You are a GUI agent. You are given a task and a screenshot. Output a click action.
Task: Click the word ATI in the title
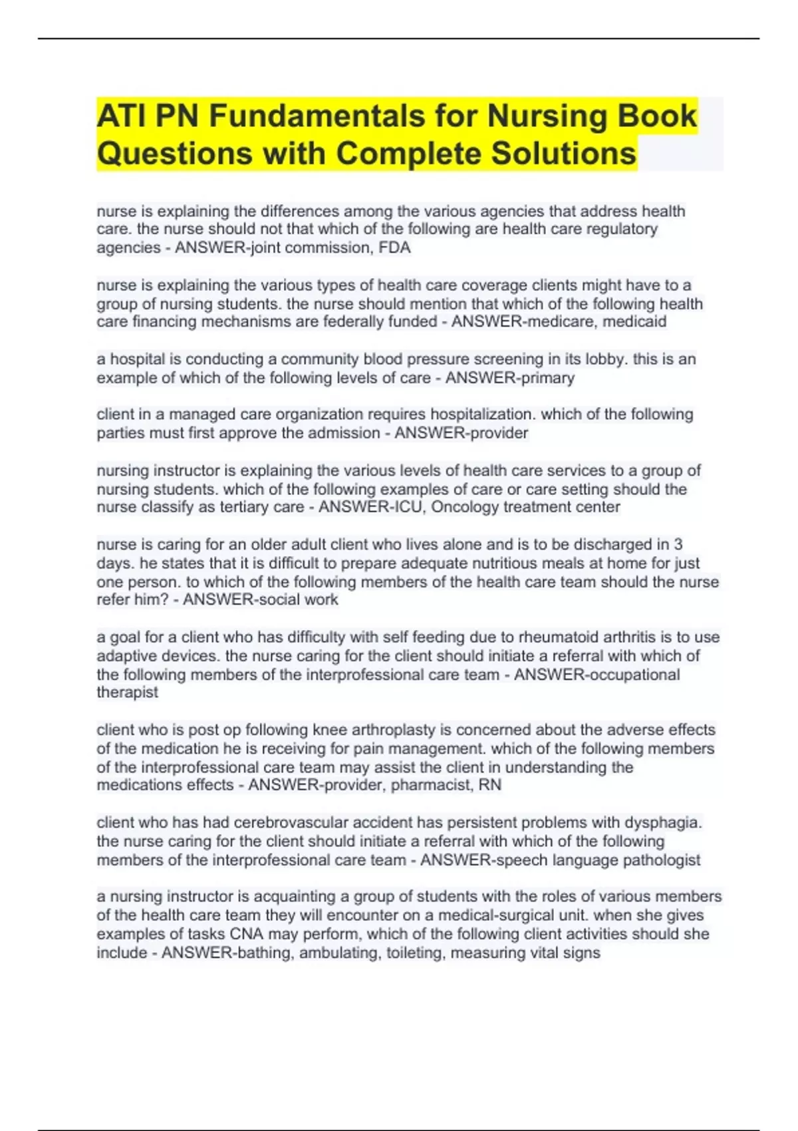pos(121,116)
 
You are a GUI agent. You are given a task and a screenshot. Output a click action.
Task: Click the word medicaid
pos(634,322)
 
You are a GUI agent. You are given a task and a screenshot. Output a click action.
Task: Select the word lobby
pos(605,359)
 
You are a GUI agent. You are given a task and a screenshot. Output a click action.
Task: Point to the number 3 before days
pos(678,544)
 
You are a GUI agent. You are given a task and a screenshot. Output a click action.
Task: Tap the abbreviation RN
pos(490,785)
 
